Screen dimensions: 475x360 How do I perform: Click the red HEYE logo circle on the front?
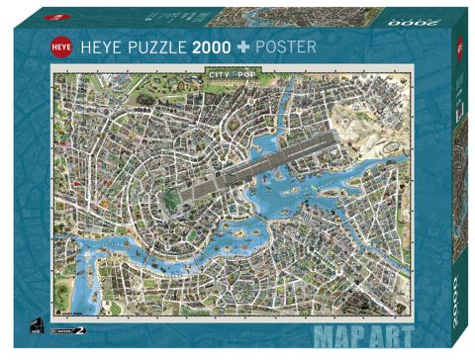click(60, 46)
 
